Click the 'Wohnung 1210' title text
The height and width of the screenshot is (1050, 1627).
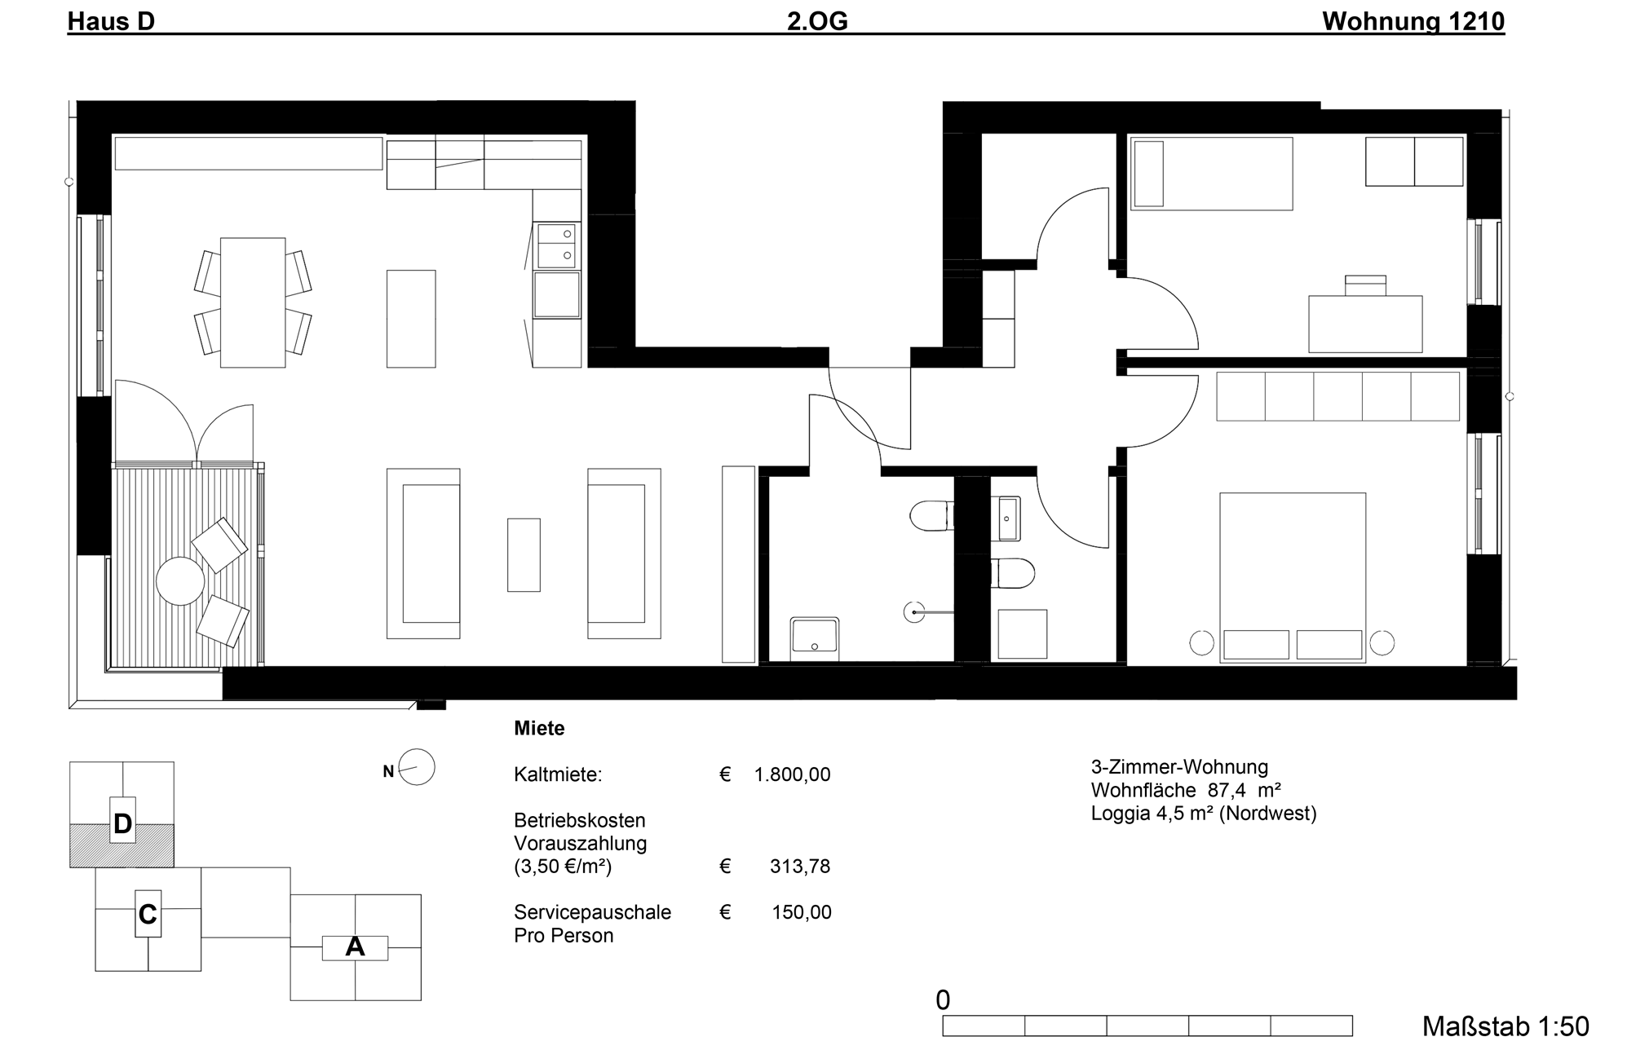[x=1413, y=21]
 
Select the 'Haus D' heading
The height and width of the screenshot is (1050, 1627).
[x=111, y=21]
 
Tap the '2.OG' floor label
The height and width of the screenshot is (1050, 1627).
[x=817, y=21]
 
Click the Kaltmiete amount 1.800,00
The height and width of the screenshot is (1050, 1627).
[x=792, y=774]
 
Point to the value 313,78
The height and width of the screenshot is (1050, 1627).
[x=800, y=866]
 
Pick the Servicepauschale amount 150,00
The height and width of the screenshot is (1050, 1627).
[x=802, y=912]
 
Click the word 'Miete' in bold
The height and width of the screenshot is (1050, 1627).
[x=539, y=729]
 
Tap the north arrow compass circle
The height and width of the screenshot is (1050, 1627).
[x=417, y=767]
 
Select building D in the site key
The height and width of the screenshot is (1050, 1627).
[x=122, y=823]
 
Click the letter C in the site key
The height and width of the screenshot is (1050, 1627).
[x=148, y=915]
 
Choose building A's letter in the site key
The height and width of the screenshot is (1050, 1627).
[x=355, y=947]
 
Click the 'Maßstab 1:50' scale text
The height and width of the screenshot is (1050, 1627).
[x=1505, y=1026]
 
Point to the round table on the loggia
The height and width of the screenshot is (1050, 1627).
[x=180, y=581]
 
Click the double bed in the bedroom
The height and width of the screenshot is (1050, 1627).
[x=1293, y=577]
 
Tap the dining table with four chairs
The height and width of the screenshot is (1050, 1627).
[x=253, y=302]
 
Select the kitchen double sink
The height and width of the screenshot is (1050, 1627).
[x=557, y=245]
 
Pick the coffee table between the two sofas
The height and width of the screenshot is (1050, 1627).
[x=524, y=554]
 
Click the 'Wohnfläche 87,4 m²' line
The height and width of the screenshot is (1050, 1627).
[x=1187, y=790]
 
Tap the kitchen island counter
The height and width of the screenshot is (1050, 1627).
[x=411, y=319]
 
